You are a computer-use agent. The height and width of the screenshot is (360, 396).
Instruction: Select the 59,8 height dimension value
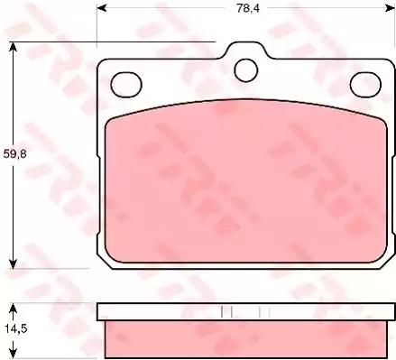click(14, 153)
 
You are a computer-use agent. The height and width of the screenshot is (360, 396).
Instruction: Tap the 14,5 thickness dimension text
click(15, 328)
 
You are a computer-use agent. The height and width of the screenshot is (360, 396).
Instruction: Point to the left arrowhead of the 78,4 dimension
click(102, 8)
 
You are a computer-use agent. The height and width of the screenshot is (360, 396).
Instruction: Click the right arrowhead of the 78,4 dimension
click(390, 8)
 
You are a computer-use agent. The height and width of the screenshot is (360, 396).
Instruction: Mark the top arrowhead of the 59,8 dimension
click(13, 47)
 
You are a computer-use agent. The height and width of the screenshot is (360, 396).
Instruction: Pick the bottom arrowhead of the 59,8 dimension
click(13, 263)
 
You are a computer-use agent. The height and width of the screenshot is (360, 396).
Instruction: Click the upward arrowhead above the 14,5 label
click(13, 309)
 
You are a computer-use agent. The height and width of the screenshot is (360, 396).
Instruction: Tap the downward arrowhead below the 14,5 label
click(13, 353)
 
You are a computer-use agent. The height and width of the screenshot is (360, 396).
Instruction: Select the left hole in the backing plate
click(126, 85)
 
